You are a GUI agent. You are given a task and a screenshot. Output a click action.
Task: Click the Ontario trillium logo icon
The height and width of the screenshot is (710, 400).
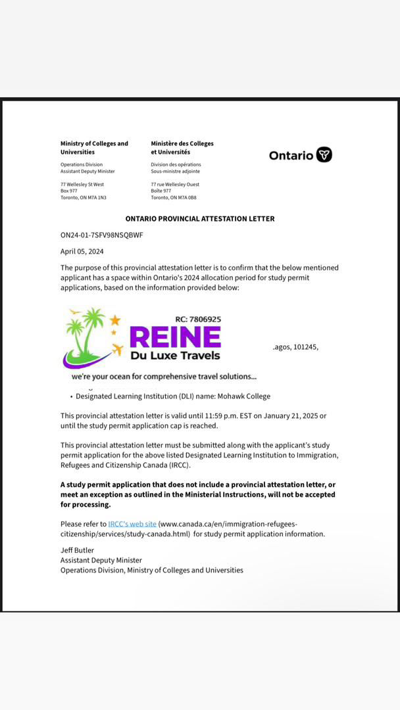pyautogui.click(x=324, y=154)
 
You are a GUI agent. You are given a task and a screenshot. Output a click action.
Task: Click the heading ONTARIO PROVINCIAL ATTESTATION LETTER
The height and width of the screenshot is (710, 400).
pyautogui.click(x=200, y=218)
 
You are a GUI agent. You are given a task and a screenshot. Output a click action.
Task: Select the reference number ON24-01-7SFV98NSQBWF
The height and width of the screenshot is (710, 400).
pyautogui.click(x=101, y=235)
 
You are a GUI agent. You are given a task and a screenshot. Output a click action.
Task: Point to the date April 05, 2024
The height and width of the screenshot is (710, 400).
pyautogui.click(x=82, y=251)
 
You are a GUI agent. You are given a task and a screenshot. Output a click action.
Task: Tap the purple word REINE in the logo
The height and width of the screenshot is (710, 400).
pyautogui.click(x=175, y=337)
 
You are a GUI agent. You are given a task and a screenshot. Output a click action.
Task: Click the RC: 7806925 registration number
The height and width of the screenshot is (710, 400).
pyautogui.click(x=198, y=319)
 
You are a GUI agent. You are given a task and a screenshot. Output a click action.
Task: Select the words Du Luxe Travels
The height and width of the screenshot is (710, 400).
pyautogui.click(x=175, y=356)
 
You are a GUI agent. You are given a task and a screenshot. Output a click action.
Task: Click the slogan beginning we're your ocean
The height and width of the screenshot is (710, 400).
pyautogui.click(x=164, y=377)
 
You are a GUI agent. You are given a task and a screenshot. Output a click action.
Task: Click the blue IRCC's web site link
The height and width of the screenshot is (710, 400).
pyautogui.click(x=132, y=524)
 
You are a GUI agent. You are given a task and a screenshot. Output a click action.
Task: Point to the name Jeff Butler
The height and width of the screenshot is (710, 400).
pyautogui.click(x=77, y=550)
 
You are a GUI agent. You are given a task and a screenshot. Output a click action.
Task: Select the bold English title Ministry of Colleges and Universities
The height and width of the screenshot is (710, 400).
pyautogui.click(x=94, y=147)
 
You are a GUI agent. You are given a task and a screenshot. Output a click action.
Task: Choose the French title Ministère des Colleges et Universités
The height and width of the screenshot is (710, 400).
pyautogui.click(x=182, y=147)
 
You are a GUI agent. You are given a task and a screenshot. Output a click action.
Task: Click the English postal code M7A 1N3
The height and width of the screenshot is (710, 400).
pyautogui.click(x=97, y=197)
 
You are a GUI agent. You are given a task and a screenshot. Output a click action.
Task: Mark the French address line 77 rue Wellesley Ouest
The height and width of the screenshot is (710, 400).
pyautogui.click(x=175, y=184)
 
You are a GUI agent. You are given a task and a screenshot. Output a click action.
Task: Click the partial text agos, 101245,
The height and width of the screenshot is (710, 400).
pyautogui.click(x=295, y=346)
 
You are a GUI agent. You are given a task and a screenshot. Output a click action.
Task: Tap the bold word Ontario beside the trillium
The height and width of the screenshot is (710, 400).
pyautogui.click(x=291, y=155)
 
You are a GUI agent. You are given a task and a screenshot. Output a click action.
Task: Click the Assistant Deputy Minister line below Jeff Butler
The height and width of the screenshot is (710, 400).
pyautogui.click(x=101, y=560)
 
